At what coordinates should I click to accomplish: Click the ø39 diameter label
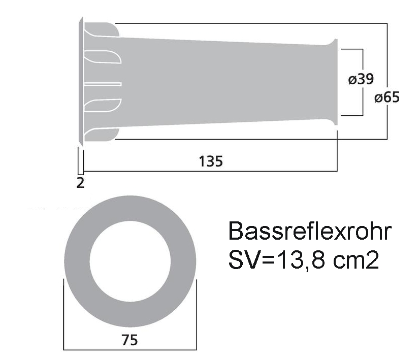click(361, 79)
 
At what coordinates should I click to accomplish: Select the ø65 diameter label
click(386, 97)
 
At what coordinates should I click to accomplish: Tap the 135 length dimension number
click(210, 161)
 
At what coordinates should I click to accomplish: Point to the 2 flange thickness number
click(80, 183)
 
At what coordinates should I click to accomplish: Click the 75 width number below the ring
click(130, 340)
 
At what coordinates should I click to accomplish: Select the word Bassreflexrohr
click(309, 232)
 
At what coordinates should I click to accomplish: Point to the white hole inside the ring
click(130, 259)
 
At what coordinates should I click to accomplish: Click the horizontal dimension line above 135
click(210, 171)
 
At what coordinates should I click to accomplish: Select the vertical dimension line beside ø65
click(388, 56)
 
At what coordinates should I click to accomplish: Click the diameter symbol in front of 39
click(351, 80)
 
